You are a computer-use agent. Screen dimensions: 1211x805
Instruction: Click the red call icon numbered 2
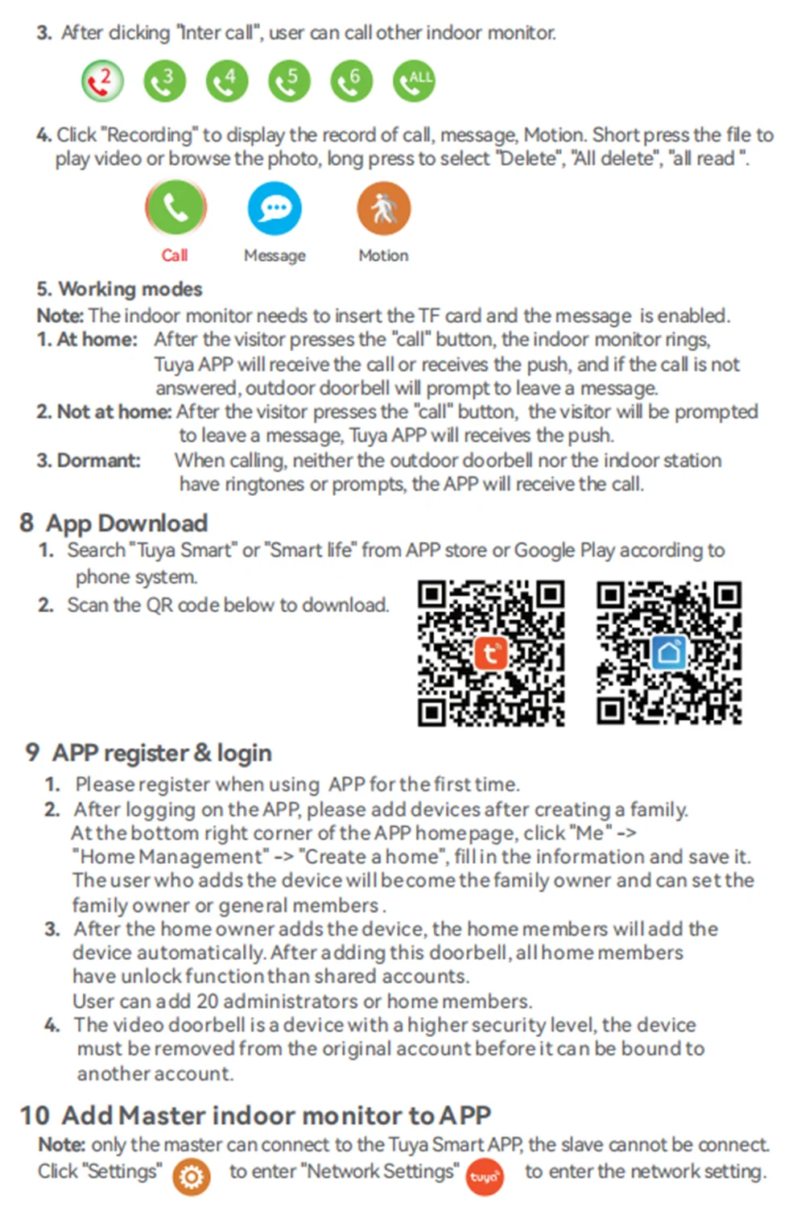102,81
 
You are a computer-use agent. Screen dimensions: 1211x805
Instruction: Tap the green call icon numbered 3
164,81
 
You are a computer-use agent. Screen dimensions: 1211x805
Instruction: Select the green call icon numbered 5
289,81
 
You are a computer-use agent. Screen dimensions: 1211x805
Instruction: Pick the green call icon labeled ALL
414,81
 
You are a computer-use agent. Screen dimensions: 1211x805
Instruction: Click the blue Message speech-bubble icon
275,209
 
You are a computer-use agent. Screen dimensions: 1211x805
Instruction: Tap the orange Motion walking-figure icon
383,209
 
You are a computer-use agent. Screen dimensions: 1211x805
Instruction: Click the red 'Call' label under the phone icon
174,255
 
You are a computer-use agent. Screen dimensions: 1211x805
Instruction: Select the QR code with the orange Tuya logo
490,652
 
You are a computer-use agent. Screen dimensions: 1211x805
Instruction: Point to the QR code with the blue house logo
668,652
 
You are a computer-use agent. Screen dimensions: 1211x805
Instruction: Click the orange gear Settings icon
192,1176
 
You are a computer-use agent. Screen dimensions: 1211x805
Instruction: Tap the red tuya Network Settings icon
485,1177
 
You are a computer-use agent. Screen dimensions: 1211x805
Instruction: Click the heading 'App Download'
126,523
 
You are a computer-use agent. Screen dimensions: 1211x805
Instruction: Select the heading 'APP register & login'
161,753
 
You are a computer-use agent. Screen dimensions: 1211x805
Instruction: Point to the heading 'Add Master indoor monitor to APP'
275,1115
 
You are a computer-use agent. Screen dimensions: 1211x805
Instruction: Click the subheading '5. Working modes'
119,289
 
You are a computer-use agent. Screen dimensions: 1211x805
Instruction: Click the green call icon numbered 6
352,81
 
